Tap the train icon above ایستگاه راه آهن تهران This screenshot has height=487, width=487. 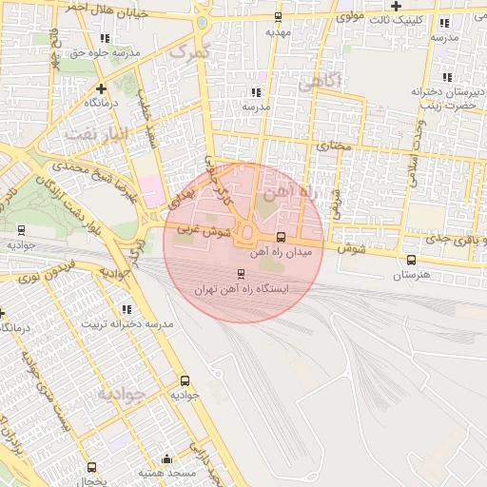click(240, 274)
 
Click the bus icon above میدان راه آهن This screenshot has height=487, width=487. click(280, 238)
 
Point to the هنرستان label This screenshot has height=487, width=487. click(411, 274)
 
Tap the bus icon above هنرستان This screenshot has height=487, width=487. click(411, 260)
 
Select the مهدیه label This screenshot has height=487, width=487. click(277, 31)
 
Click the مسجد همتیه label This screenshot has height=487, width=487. click(166, 473)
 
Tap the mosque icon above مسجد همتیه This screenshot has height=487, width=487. click(167, 458)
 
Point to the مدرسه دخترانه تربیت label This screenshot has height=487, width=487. click(132, 324)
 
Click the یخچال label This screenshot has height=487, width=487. click(90, 481)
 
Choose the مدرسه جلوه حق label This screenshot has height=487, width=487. click(104, 53)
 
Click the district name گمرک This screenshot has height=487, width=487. click(185, 52)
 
